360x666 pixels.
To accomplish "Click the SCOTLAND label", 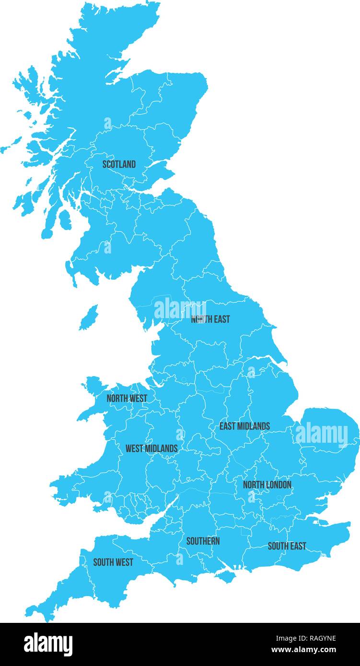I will click(119, 164).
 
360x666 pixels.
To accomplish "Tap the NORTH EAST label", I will click(210, 319).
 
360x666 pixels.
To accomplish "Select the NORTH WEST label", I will click(127, 398).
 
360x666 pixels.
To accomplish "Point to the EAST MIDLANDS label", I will click(244, 426).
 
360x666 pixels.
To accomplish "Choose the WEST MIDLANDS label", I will click(151, 449).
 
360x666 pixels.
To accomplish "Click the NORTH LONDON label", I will click(267, 485).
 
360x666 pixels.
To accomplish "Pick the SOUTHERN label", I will click(203, 541).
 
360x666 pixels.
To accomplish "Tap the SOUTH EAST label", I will click(287, 546).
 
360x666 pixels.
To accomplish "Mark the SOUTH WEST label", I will click(113, 562).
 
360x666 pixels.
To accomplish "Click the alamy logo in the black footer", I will click(48, 644).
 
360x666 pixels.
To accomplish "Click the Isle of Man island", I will click(88, 318).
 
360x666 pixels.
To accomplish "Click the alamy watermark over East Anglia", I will click(322, 435).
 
